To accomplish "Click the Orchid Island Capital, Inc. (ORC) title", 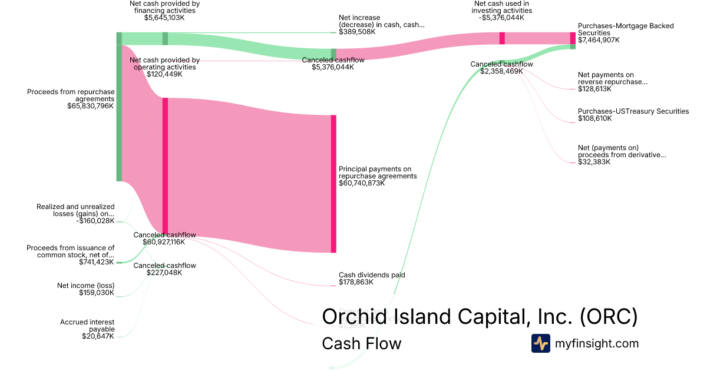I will (x=480, y=316).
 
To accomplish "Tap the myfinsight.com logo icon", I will (x=540, y=343).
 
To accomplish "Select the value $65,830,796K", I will (x=91, y=107).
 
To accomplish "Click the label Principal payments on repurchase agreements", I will (x=378, y=172).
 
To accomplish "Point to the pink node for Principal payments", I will (x=333, y=184).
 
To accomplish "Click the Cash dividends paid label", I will (x=372, y=275).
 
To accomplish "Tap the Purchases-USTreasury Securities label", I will (x=633, y=111).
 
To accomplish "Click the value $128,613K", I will (x=594, y=89).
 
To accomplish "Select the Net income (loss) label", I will (x=85, y=286).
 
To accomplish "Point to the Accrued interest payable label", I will (x=87, y=326).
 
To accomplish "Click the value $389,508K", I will (x=357, y=32).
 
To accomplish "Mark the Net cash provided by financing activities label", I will (x=164, y=7).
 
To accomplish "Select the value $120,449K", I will (x=164, y=74).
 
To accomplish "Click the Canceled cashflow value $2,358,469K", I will (x=501, y=71).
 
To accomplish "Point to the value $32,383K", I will (x=594, y=162).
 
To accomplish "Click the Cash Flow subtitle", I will (x=361, y=343).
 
